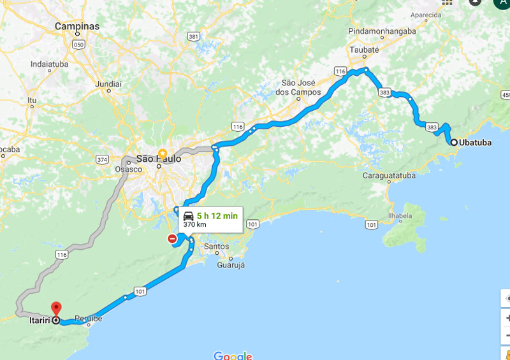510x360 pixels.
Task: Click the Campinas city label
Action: tap(77, 26)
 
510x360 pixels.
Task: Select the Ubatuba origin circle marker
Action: tap(454, 143)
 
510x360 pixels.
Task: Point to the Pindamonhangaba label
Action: tap(382, 31)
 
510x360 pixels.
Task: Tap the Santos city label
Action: tap(217, 246)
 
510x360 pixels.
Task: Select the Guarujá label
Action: tap(231, 264)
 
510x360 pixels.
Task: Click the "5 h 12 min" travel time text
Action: tap(217, 216)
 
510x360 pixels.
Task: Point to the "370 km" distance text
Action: tap(195, 225)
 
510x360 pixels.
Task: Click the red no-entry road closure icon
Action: tap(172, 239)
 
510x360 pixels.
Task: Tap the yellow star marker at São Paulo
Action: tap(162, 154)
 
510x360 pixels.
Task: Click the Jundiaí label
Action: tap(108, 83)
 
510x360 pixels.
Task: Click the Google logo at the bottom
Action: tap(233, 356)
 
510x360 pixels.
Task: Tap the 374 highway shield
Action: tap(101, 159)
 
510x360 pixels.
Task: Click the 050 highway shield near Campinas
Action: tap(78, 44)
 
